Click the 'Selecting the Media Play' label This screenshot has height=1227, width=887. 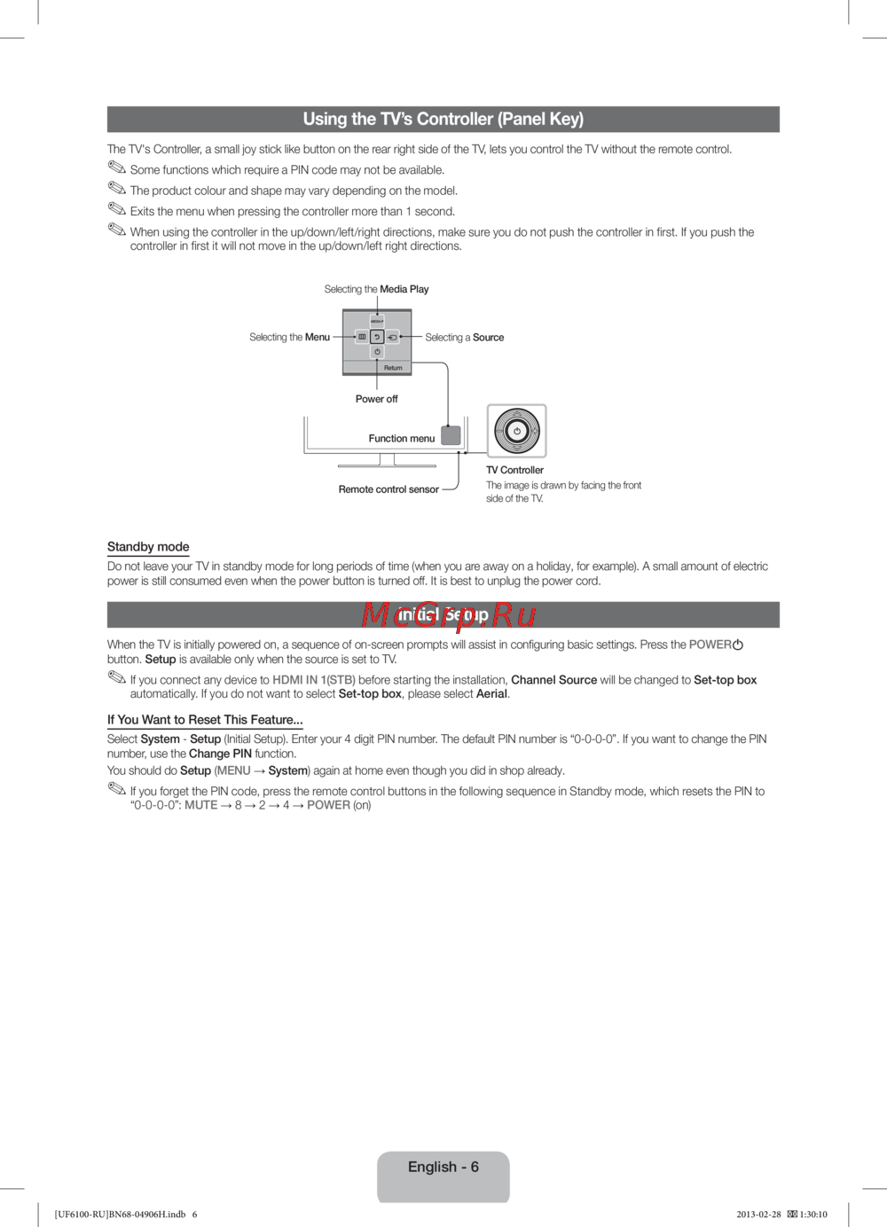click(x=376, y=289)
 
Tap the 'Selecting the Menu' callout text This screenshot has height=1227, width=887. click(x=289, y=337)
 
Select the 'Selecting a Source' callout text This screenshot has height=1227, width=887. click(x=464, y=338)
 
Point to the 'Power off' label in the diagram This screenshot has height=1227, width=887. click(x=376, y=399)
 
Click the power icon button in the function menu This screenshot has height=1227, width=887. click(x=377, y=352)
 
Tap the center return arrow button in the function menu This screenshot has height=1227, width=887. click(x=377, y=337)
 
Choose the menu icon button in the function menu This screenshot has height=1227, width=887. click(x=362, y=337)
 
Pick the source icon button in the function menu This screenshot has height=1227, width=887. click(x=392, y=337)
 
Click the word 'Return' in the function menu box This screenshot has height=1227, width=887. click(x=393, y=368)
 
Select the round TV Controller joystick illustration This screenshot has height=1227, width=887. click(x=516, y=431)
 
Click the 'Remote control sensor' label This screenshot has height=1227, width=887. click(x=389, y=489)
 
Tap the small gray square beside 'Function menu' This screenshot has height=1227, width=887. click(x=451, y=435)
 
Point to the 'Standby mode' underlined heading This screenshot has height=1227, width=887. click(x=148, y=547)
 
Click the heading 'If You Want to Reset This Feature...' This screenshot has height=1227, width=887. click(x=205, y=720)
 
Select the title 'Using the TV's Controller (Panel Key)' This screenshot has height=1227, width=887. click(x=443, y=120)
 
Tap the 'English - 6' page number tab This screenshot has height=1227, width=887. click(x=443, y=1168)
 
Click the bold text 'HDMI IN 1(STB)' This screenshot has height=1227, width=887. click(x=314, y=680)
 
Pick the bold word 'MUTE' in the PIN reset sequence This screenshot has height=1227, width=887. click(x=201, y=805)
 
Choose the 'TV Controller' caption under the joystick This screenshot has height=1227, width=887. click(x=514, y=471)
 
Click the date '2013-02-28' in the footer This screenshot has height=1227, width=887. click(x=758, y=1215)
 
